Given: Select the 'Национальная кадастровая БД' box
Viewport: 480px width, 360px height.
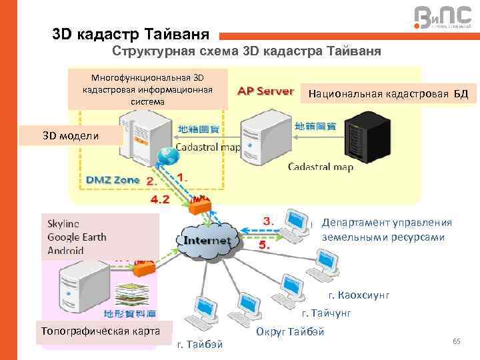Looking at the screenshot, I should point(388,95).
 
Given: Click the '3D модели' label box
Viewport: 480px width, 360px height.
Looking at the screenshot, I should point(71,136).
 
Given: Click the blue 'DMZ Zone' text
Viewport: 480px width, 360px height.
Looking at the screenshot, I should point(112,179).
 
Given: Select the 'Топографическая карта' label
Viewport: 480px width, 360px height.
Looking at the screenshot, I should point(100,330).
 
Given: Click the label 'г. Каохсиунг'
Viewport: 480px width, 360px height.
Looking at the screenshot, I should point(359,295).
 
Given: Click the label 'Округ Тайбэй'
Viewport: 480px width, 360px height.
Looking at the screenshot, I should point(290,331).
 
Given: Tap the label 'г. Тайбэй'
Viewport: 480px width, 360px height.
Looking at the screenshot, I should point(200,344).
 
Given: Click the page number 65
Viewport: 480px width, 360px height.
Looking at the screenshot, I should point(456,341).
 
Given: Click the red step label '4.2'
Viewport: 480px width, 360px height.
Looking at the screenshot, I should point(160,198).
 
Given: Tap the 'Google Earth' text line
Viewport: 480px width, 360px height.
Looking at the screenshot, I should point(77,237).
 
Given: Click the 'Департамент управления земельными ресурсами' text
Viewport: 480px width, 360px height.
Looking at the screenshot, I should point(385,229).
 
